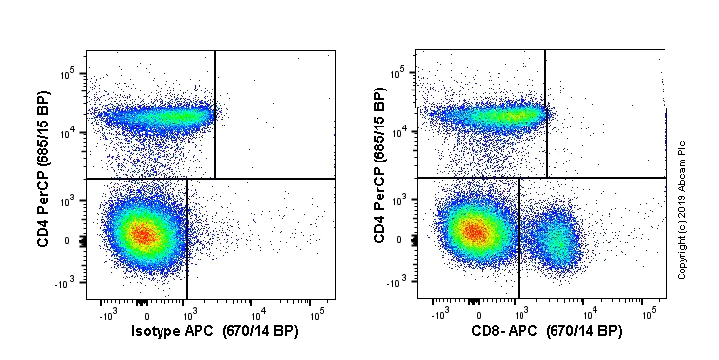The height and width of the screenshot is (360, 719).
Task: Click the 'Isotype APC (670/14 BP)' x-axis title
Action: tap(214, 332)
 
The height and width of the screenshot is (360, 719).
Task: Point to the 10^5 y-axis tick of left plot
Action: tap(70, 73)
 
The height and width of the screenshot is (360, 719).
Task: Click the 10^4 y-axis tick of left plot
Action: tap(70, 133)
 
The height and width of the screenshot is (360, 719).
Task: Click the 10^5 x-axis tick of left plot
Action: tap(316, 314)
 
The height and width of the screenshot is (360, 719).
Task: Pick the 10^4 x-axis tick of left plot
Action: tap(258, 314)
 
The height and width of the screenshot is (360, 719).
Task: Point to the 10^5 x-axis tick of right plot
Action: tap(649, 314)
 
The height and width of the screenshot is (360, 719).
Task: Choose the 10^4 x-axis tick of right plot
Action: tap(590, 314)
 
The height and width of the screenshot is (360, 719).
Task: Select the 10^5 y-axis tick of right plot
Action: tap(401, 73)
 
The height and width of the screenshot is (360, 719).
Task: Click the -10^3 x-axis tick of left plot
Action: tap(107, 314)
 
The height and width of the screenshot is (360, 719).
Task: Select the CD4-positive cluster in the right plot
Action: tap(496, 117)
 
